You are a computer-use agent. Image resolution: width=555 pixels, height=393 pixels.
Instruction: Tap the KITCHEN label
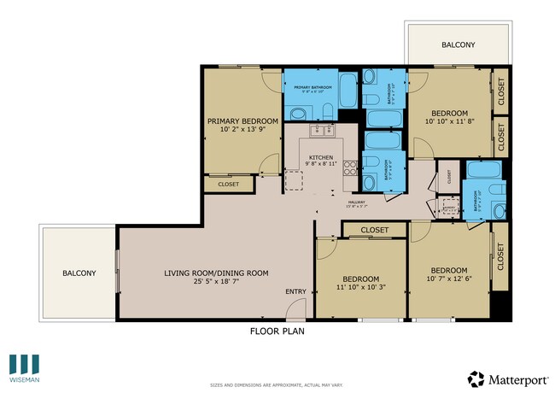pyautogui.click(x=320, y=157)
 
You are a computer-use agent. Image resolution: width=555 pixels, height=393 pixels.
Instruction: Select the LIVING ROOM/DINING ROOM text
pyautogui.click(x=216, y=273)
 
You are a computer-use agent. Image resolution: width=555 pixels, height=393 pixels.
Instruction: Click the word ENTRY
pyautogui.click(x=295, y=292)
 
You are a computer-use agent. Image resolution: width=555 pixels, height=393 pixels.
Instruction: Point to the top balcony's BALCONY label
pyautogui.click(x=459, y=44)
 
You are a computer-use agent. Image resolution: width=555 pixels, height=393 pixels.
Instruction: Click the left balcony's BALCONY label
pyautogui.click(x=79, y=273)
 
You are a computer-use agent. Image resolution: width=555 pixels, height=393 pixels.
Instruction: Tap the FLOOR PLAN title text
pyautogui.click(x=277, y=331)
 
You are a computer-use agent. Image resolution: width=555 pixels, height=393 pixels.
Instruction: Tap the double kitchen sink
pyautogui.click(x=320, y=130)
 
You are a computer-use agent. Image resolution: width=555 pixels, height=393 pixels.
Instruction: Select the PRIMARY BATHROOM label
pyautogui.click(x=312, y=87)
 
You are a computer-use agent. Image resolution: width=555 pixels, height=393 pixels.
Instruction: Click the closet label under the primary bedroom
pyautogui.click(x=228, y=184)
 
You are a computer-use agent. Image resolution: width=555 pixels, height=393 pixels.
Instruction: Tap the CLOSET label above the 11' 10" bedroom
pyautogui.click(x=374, y=230)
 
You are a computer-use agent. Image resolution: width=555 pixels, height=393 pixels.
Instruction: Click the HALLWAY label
pyautogui.click(x=356, y=202)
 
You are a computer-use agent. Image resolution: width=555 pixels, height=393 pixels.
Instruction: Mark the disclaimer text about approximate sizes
pyautogui.click(x=277, y=385)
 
